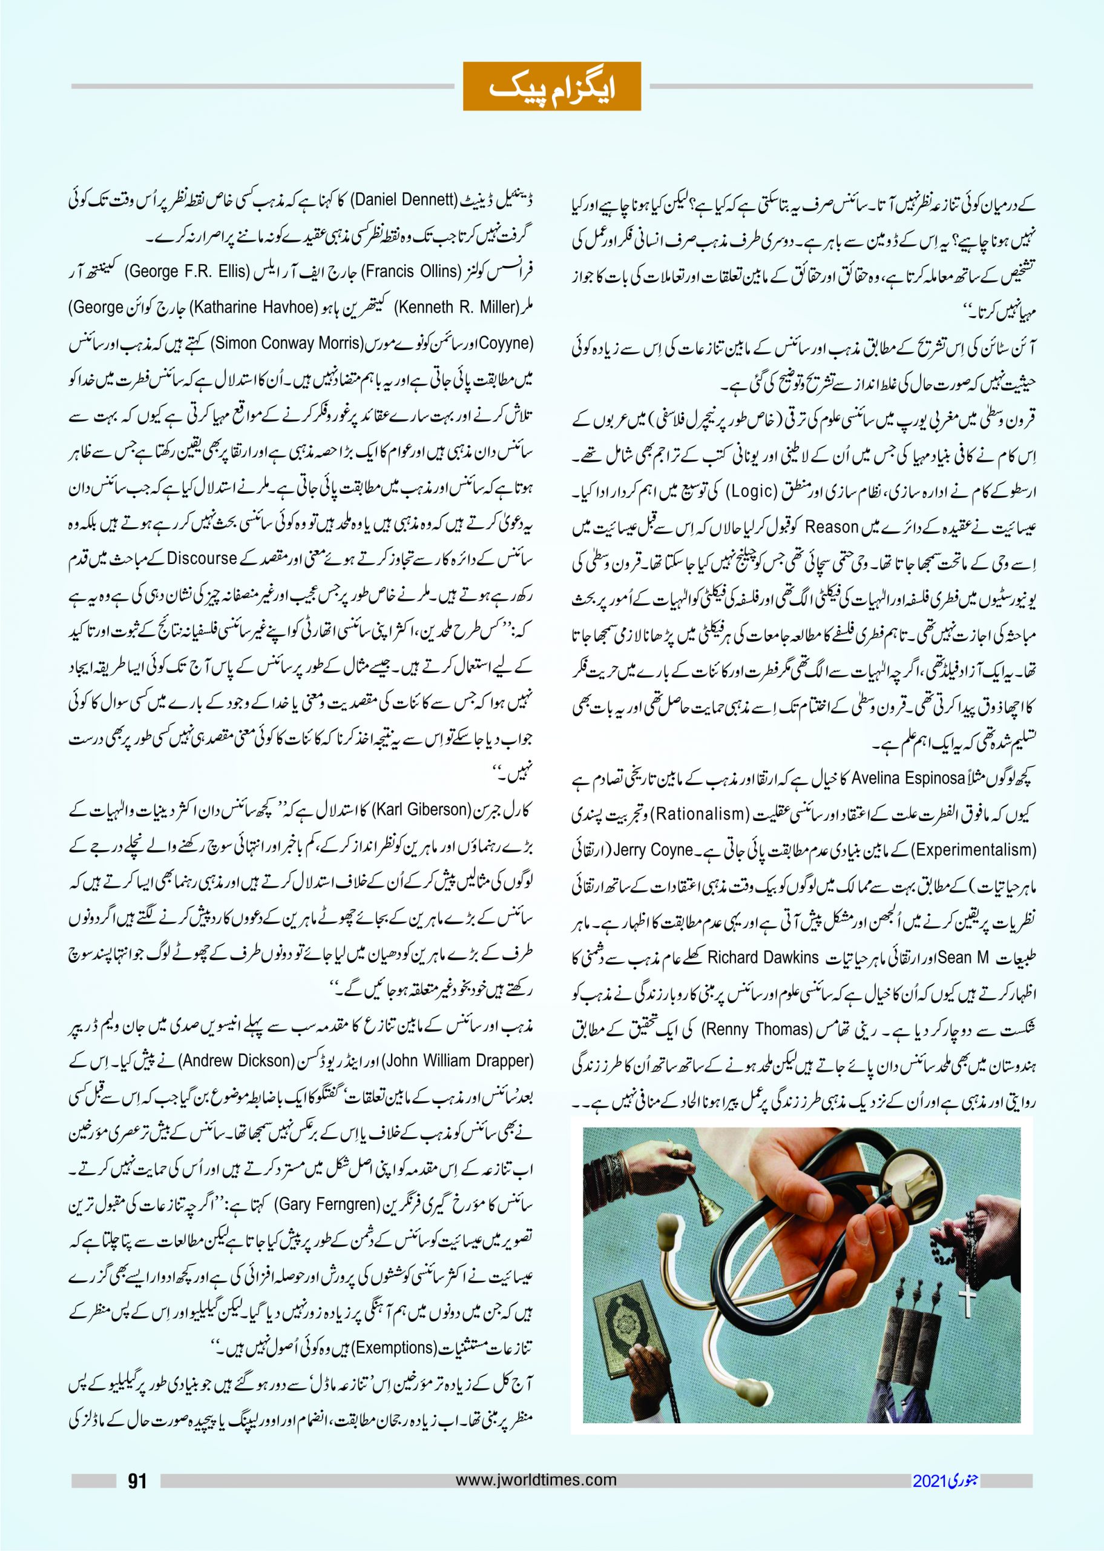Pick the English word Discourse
(202, 559)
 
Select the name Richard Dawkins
(763, 957)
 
